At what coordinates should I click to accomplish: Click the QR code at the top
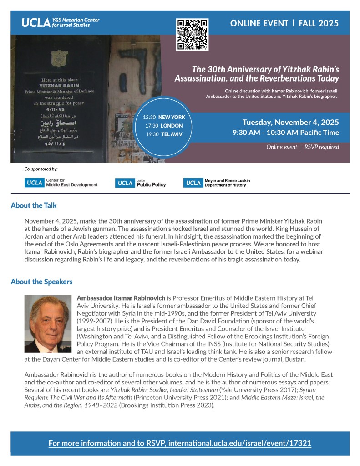coord(192,35)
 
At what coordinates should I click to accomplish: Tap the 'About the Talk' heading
coord(34,205)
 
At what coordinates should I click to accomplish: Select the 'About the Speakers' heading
coord(41,282)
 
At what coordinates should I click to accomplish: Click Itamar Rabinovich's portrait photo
coord(48,323)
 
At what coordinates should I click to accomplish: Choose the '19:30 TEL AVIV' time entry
coord(164,134)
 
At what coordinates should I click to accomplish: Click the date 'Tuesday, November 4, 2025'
coord(290,122)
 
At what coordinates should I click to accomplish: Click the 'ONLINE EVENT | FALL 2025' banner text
coord(284,23)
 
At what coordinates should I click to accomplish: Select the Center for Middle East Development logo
coord(61,183)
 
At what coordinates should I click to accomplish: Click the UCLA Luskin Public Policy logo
coord(140,183)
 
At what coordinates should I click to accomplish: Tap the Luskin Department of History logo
coord(217,183)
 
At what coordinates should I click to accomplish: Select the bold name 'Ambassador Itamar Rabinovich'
coord(121,297)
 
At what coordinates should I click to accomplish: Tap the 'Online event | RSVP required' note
coord(303,147)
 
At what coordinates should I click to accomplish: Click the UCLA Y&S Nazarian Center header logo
coord(61,22)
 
